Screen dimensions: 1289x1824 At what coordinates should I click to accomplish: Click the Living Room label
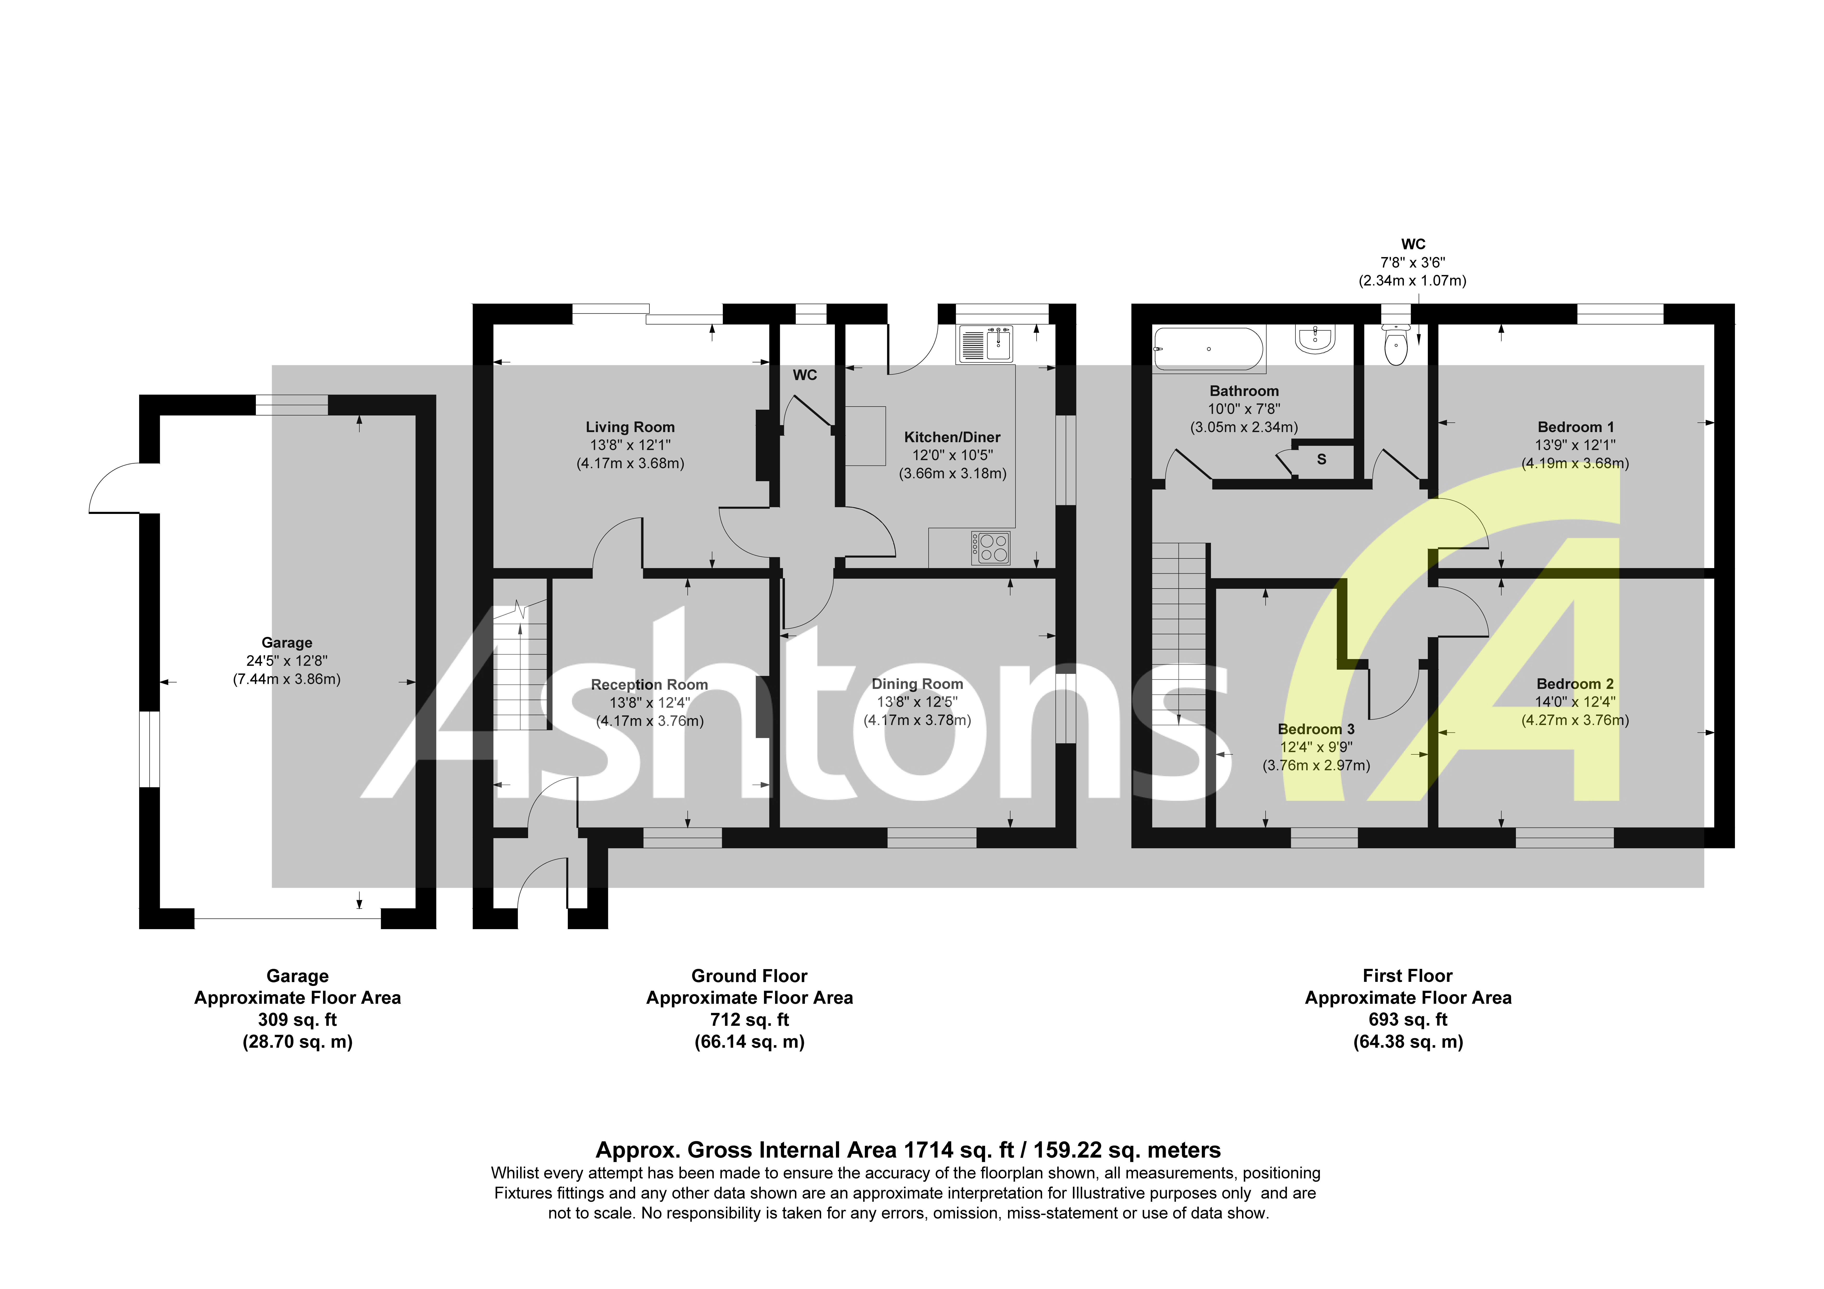[x=630, y=428]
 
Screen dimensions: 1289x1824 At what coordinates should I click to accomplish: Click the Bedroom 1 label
[x=1575, y=428]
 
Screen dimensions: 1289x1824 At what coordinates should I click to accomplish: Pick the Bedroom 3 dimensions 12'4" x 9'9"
[x=1316, y=747]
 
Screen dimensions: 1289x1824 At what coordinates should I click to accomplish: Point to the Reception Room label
[x=649, y=685]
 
